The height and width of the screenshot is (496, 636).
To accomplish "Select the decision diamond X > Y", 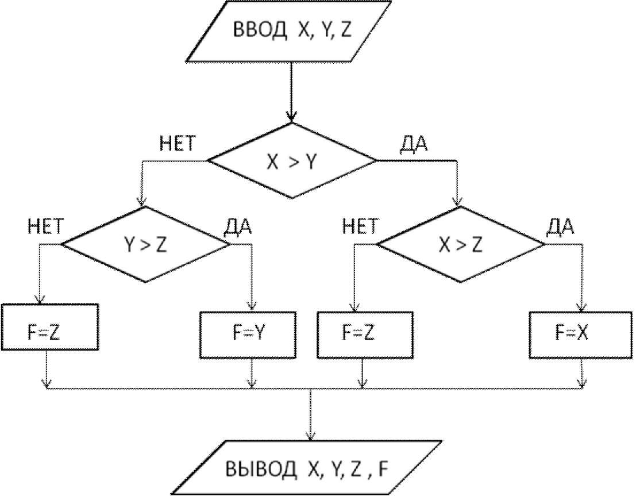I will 292,162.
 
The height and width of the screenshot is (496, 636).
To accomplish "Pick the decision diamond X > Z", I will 460,245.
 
